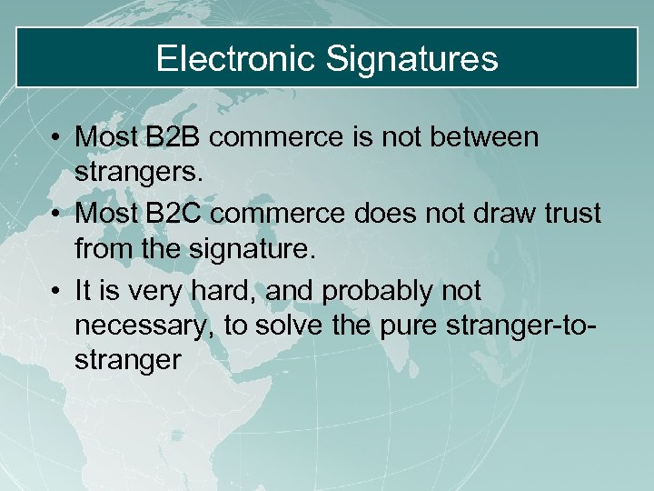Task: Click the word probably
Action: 373,291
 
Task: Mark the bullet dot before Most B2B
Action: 56,138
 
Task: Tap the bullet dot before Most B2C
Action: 56,215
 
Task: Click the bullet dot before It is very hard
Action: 56,292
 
